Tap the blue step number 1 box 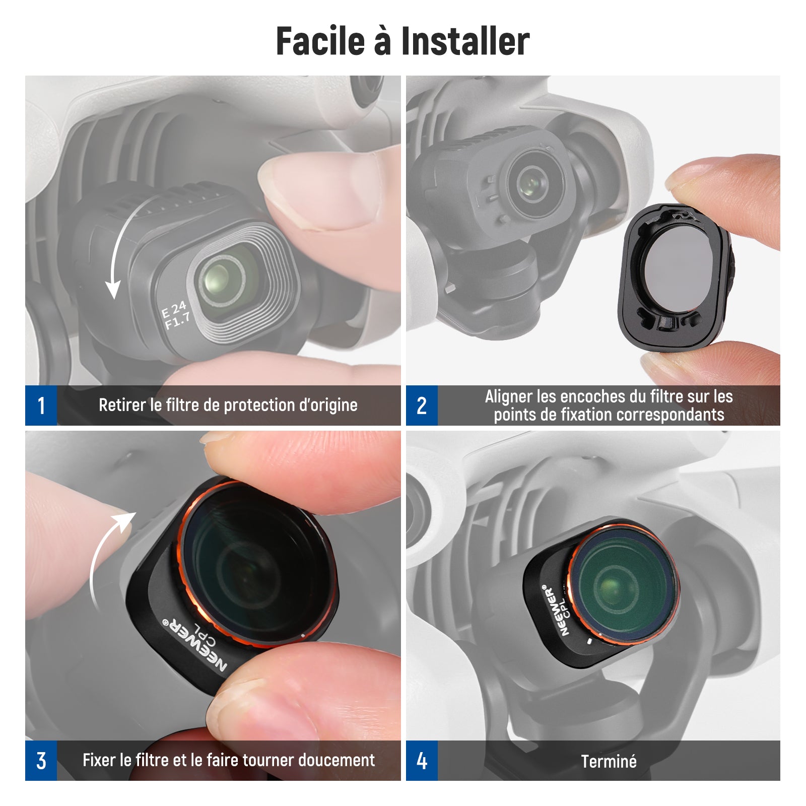pos(41,406)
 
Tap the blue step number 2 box pos(422,406)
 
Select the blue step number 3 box pos(41,761)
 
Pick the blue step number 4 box pos(422,761)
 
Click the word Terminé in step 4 pos(609,761)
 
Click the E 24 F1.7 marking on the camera pos(176,315)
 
